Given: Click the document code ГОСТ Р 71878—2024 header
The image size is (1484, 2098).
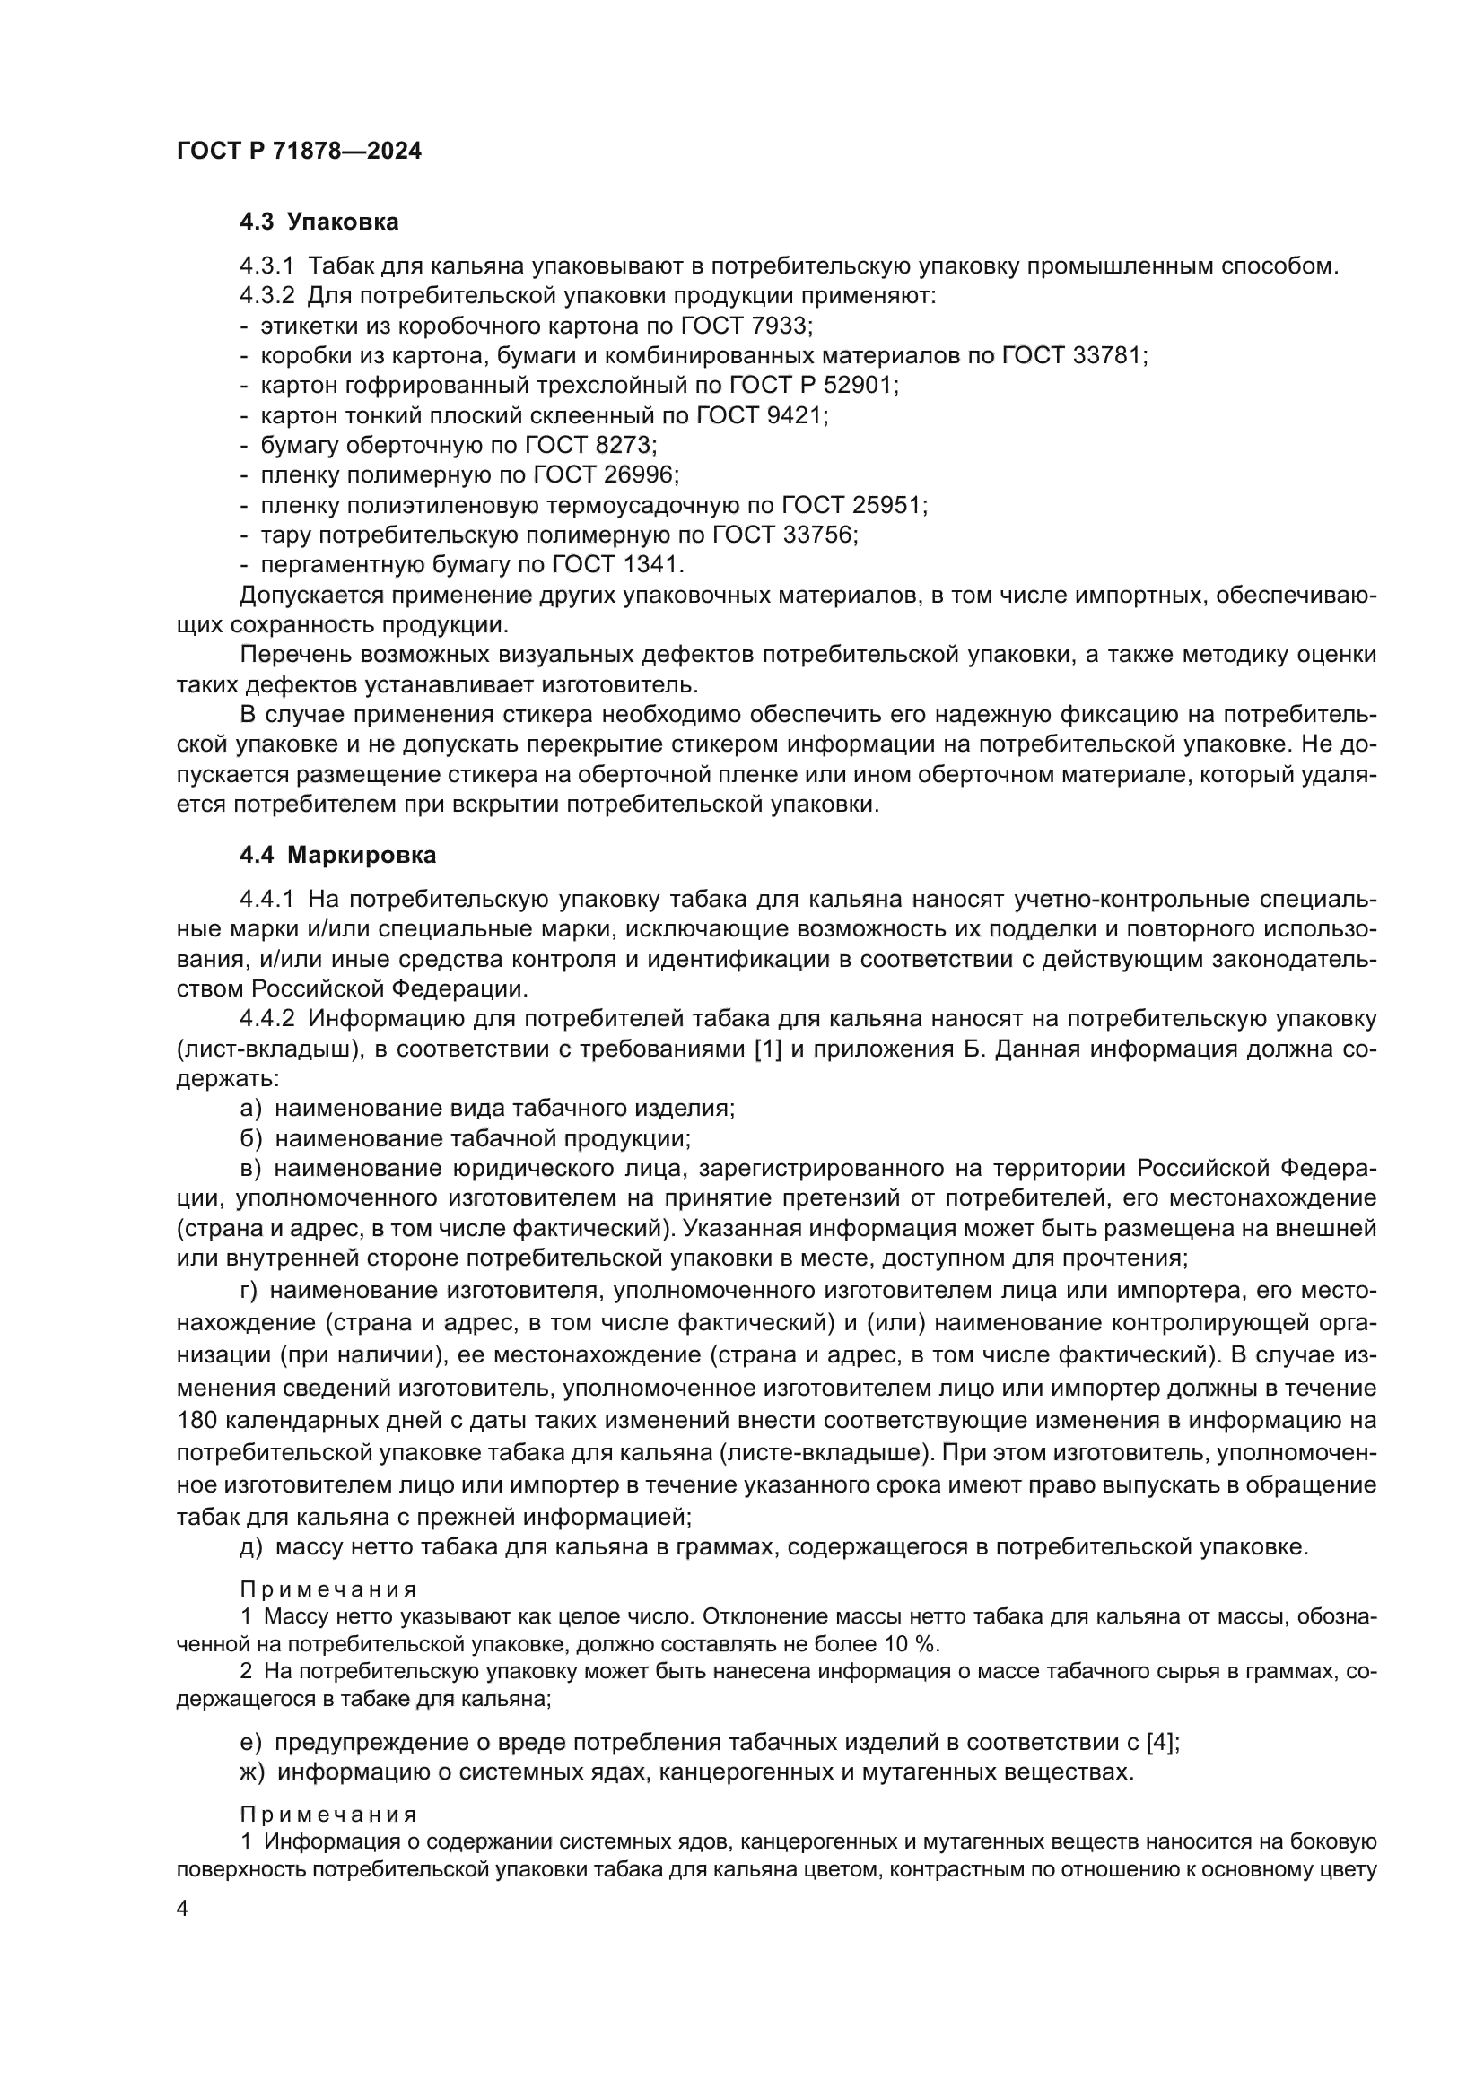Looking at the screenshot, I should [299, 152].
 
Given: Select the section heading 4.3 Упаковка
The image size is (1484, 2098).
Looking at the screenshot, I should [319, 222].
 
